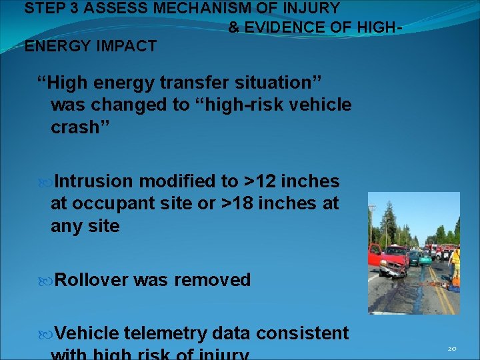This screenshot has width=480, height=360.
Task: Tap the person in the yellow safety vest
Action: tap(455, 263)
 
